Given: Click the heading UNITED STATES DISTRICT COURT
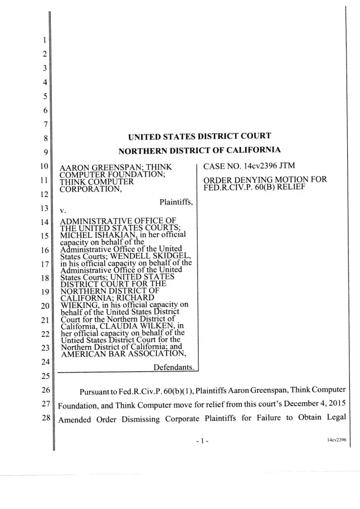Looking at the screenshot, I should point(199,135).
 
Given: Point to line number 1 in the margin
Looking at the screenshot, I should point(45,40).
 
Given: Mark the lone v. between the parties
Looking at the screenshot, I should point(63,210).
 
